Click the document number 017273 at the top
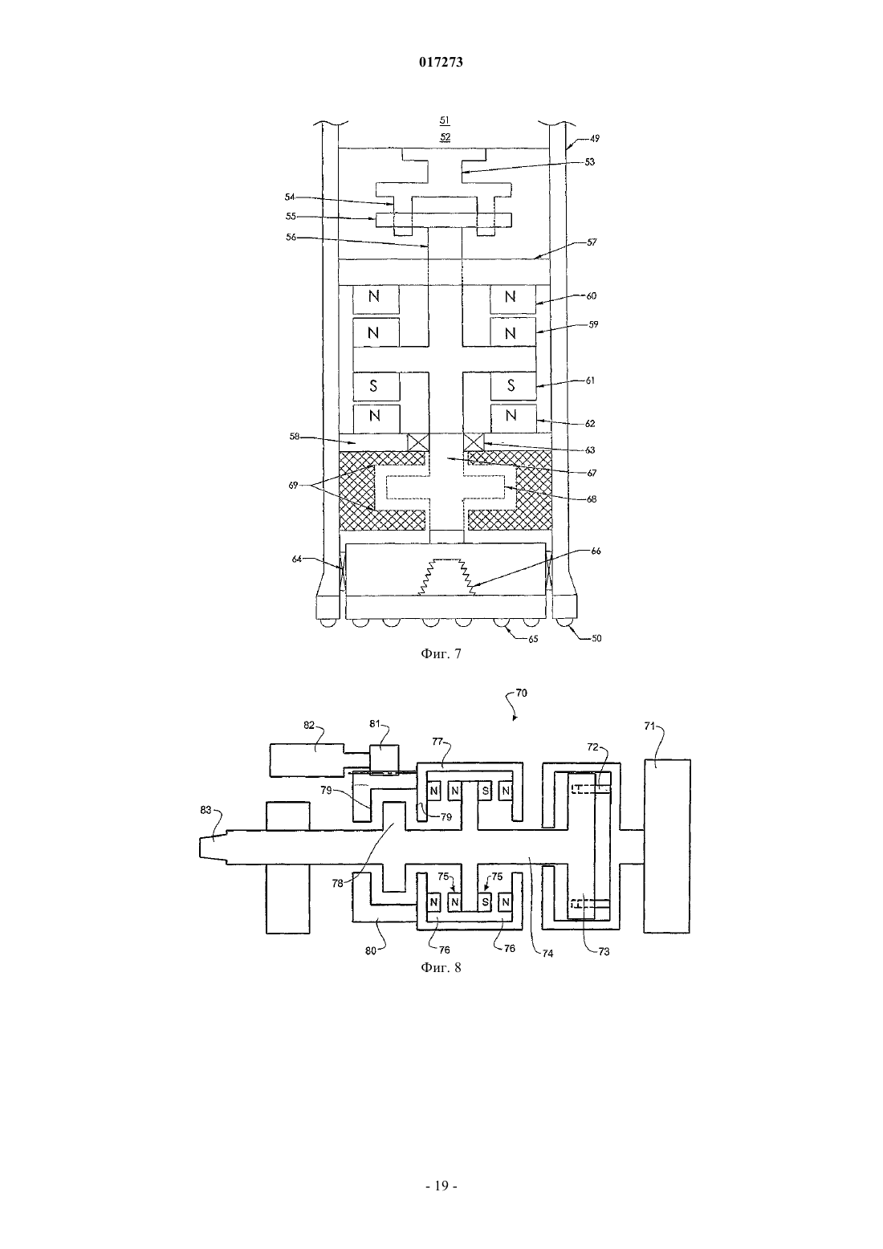pos(441,62)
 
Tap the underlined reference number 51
pos(445,120)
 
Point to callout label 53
pos(590,161)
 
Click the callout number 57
pos(592,242)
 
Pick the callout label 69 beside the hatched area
pos(293,485)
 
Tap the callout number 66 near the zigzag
pos(596,551)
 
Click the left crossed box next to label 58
pos(418,443)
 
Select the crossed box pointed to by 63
pos(474,443)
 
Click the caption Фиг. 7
pos(441,653)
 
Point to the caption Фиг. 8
pos(441,967)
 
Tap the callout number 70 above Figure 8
pos(521,693)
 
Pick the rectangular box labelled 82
pos(307,760)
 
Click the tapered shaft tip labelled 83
pos(213,848)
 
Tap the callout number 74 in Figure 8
pos(548,954)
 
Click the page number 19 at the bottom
pos(441,1186)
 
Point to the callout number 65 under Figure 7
pos(533,639)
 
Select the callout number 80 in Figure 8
pos(371,951)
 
